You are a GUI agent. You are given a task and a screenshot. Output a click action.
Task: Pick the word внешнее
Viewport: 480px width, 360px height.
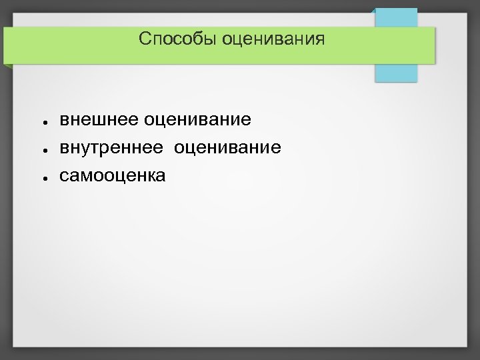point(99,120)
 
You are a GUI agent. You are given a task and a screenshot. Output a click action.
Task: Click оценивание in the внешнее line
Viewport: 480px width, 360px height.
point(197,120)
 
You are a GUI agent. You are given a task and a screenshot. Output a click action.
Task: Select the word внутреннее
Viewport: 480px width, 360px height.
point(111,147)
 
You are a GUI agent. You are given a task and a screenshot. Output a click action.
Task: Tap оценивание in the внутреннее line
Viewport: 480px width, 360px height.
point(227,147)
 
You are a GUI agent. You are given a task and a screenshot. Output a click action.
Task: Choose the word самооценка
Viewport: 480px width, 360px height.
point(113,175)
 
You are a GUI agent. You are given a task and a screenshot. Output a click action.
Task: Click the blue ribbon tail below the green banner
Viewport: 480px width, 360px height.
point(396,72)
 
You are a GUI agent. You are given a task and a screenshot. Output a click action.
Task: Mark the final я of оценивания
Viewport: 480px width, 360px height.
point(321,41)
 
